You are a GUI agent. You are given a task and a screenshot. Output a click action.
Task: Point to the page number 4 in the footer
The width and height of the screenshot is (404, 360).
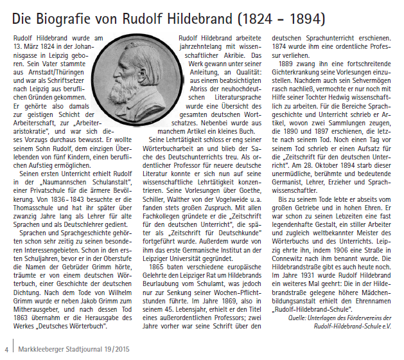pos(6,350)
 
